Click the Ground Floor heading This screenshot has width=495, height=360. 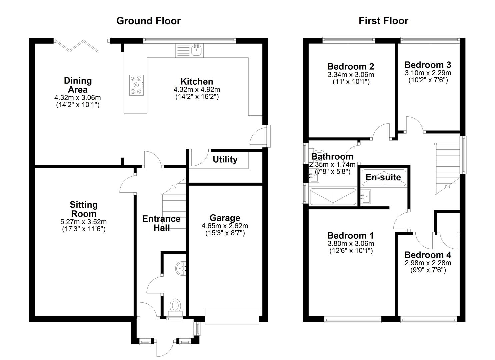tap(148, 21)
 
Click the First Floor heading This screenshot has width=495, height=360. tap(383, 21)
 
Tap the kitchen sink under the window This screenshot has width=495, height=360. tap(197, 51)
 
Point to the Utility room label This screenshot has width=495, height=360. tap(225, 160)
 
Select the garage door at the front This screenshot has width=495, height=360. tap(232, 316)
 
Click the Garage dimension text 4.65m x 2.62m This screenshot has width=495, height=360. tap(225, 226)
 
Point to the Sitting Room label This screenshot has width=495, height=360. tap(84, 209)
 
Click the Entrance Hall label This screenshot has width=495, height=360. tap(161, 223)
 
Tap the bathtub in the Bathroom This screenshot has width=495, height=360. tap(333, 196)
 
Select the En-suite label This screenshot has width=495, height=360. tap(383, 177)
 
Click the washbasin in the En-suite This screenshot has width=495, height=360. tap(366, 196)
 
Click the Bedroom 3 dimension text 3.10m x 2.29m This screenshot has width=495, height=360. tap(428, 73)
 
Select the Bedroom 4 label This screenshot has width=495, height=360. tap(428, 255)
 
